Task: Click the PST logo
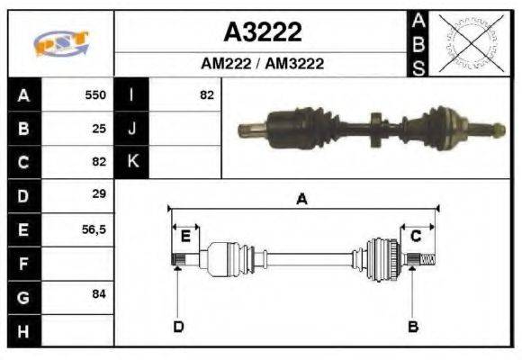61,43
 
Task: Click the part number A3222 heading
263,32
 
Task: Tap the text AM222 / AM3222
262,63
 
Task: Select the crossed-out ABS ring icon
471,42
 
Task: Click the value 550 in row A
95,94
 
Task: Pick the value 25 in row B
99,129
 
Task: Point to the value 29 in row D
99,193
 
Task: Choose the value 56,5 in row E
94,229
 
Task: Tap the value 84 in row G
99,294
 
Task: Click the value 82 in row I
207,95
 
